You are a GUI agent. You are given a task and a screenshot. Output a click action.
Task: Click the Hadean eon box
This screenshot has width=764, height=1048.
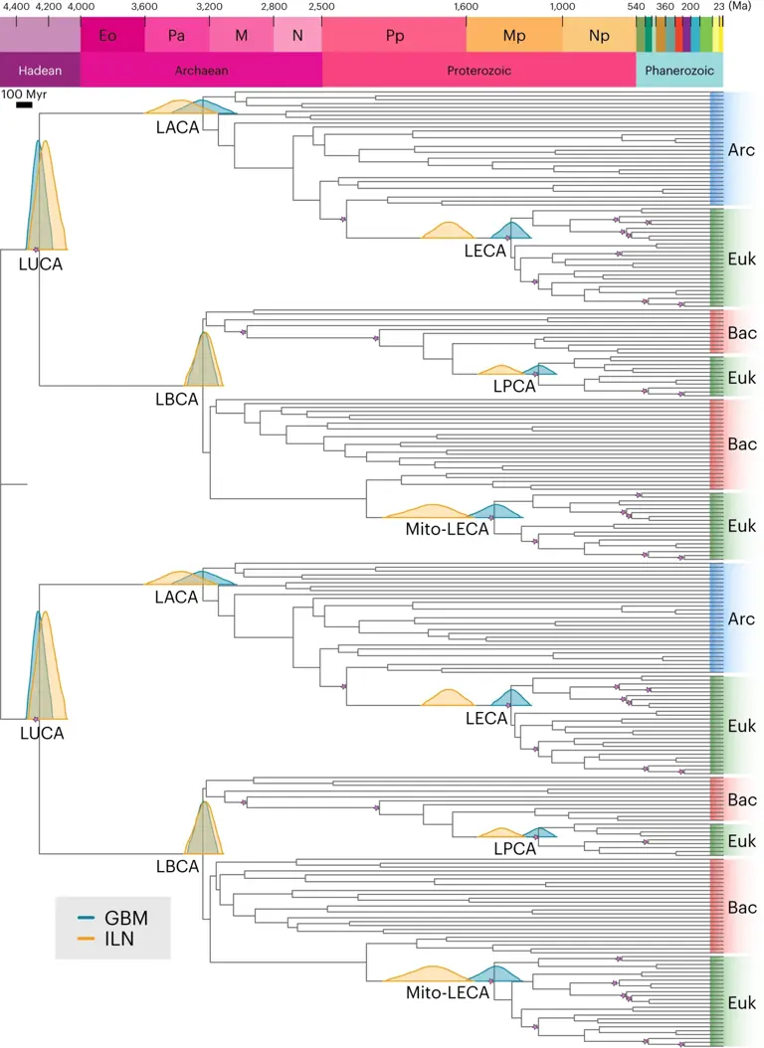tap(40, 71)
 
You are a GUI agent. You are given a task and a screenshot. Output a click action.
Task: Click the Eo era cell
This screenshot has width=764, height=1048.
tap(111, 36)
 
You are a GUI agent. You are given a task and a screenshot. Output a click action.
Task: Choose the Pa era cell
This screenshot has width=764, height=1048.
tap(177, 36)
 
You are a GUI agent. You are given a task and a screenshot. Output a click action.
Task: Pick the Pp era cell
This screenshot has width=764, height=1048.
tap(394, 36)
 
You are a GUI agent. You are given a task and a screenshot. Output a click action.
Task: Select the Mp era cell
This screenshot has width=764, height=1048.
tap(513, 36)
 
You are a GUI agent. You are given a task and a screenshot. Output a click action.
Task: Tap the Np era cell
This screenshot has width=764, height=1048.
tap(599, 36)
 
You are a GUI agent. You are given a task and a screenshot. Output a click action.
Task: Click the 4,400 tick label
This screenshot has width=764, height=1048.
tap(17, 7)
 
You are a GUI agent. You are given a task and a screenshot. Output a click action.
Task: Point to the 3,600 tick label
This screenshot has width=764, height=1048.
tap(145, 7)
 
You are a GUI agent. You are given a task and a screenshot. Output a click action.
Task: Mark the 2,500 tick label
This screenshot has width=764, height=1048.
tap(321, 7)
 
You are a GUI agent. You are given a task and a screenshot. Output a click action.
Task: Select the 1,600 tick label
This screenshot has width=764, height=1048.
tap(466, 7)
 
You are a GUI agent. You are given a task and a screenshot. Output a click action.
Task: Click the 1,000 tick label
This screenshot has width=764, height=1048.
tap(562, 7)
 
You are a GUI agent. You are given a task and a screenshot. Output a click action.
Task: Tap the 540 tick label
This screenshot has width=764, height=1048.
tap(636, 7)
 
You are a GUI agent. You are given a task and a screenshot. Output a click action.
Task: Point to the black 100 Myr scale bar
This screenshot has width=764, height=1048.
tap(16, 102)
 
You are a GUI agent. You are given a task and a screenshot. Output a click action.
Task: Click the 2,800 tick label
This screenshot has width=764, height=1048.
tap(274, 7)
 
